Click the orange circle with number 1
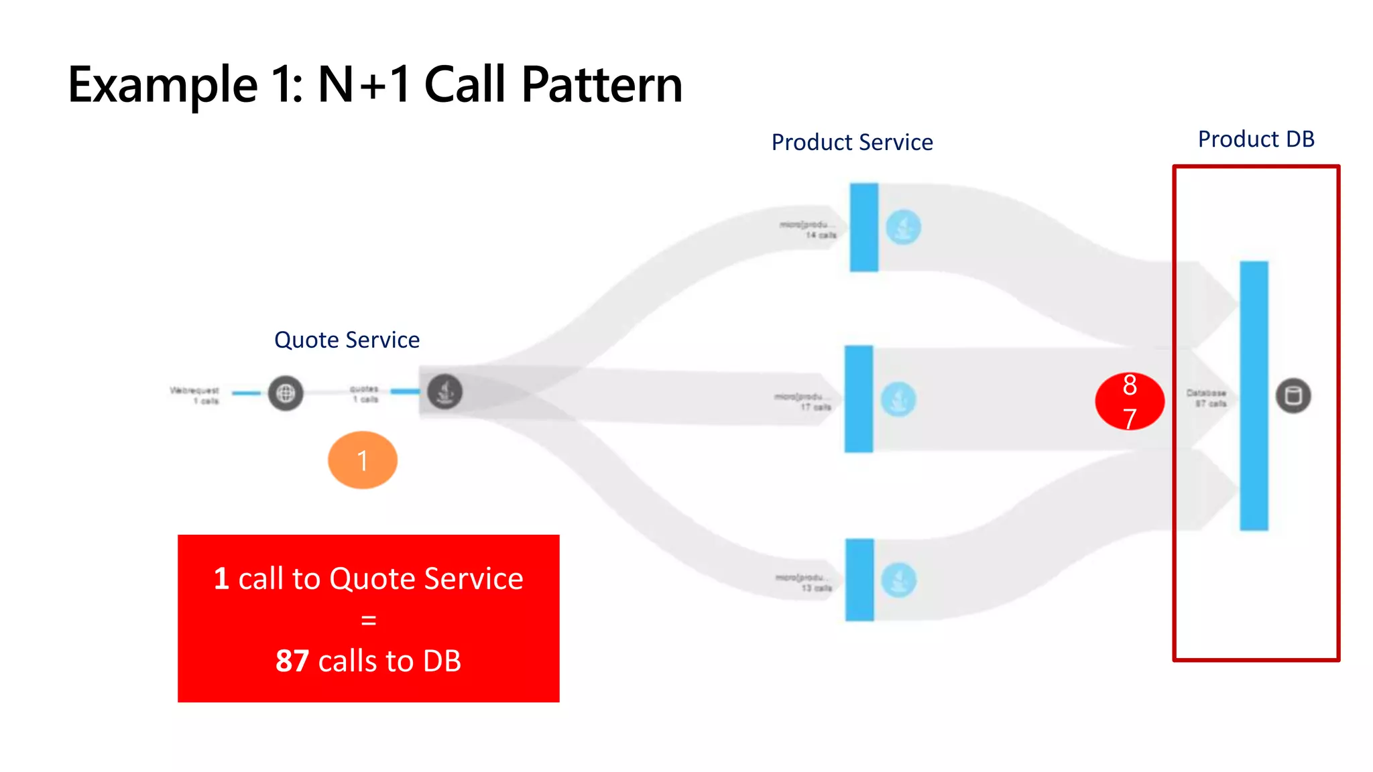pos(362,460)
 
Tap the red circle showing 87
pos(1129,401)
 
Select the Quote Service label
pos(347,340)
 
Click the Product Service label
pos(851,142)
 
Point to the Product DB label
pos(1256,139)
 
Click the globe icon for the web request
pos(286,393)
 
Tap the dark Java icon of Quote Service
pos(444,392)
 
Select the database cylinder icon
pos(1293,395)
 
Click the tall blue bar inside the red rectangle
pos(1254,395)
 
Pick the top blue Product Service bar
pos(863,227)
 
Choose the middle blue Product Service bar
pos(858,399)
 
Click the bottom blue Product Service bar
pos(859,580)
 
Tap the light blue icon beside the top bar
pos(903,227)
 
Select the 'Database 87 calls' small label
pos(1206,398)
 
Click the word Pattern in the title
pos(601,85)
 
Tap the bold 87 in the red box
pos(292,661)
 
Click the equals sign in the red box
pos(368,620)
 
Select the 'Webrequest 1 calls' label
pos(195,395)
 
